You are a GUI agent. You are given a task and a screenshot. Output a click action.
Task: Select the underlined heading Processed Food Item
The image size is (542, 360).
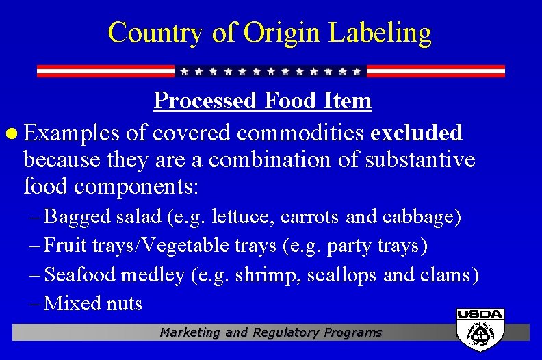coord(263,101)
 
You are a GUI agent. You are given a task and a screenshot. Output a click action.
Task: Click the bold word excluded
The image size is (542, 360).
coord(416,131)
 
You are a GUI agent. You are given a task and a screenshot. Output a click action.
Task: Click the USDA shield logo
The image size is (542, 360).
coord(480,330)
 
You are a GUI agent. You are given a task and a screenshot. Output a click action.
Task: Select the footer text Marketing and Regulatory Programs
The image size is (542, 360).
coord(271,333)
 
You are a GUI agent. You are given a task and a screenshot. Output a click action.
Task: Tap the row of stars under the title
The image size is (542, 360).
coord(270,71)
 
